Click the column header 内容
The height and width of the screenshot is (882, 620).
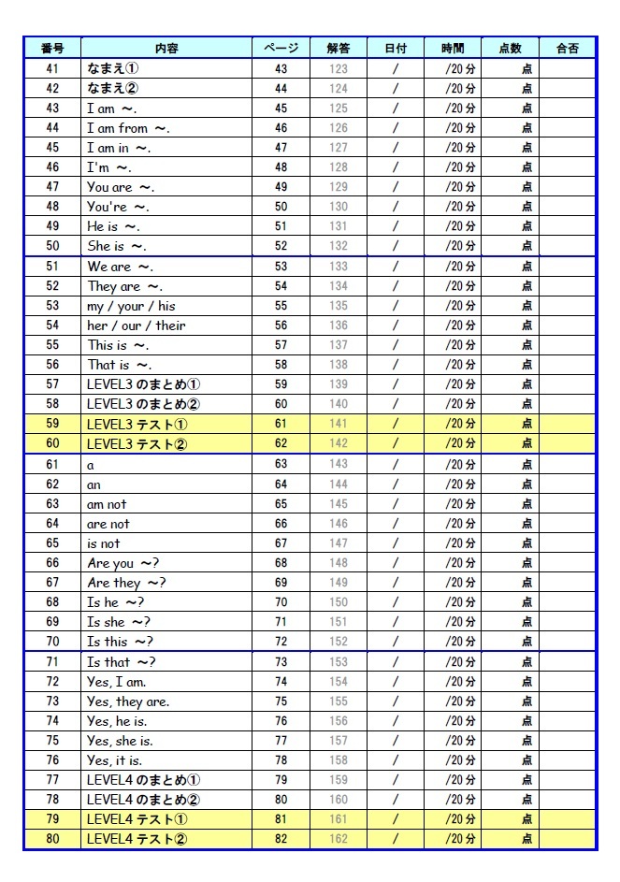point(166,48)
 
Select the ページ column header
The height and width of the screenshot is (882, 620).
point(281,48)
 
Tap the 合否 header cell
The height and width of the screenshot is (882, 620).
point(567,48)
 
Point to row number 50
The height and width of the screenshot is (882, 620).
point(52,246)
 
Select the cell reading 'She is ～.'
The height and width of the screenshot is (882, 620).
point(117,246)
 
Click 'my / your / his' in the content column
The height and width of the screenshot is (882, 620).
point(131,306)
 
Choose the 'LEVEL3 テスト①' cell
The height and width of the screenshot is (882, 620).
point(137,424)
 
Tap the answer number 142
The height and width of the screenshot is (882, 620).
point(339,443)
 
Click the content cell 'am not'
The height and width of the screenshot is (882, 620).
point(107,504)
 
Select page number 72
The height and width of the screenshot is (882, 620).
point(281,642)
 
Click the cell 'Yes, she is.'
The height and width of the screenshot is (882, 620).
point(120,741)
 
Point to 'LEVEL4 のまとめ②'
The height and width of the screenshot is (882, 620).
point(143,800)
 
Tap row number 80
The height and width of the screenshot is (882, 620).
point(52,839)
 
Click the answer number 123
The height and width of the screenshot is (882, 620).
point(339,69)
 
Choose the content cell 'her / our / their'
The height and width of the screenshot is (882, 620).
point(137,325)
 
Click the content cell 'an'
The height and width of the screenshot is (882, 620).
point(94,484)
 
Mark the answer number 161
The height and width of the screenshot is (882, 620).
point(339,819)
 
